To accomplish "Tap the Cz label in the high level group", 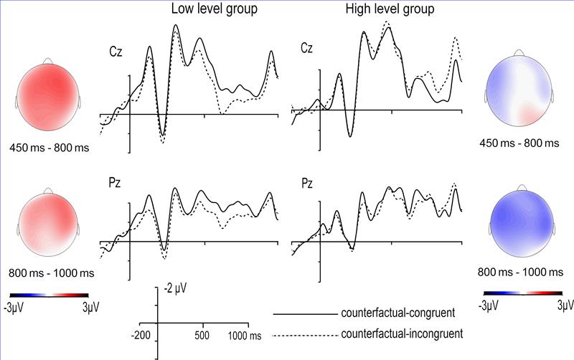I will tap(307, 49).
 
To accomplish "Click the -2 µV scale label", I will tap(175, 288).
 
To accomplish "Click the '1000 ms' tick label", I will tap(244, 335).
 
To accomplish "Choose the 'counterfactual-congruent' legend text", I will tap(392, 313).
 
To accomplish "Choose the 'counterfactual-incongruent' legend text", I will tap(395, 335).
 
